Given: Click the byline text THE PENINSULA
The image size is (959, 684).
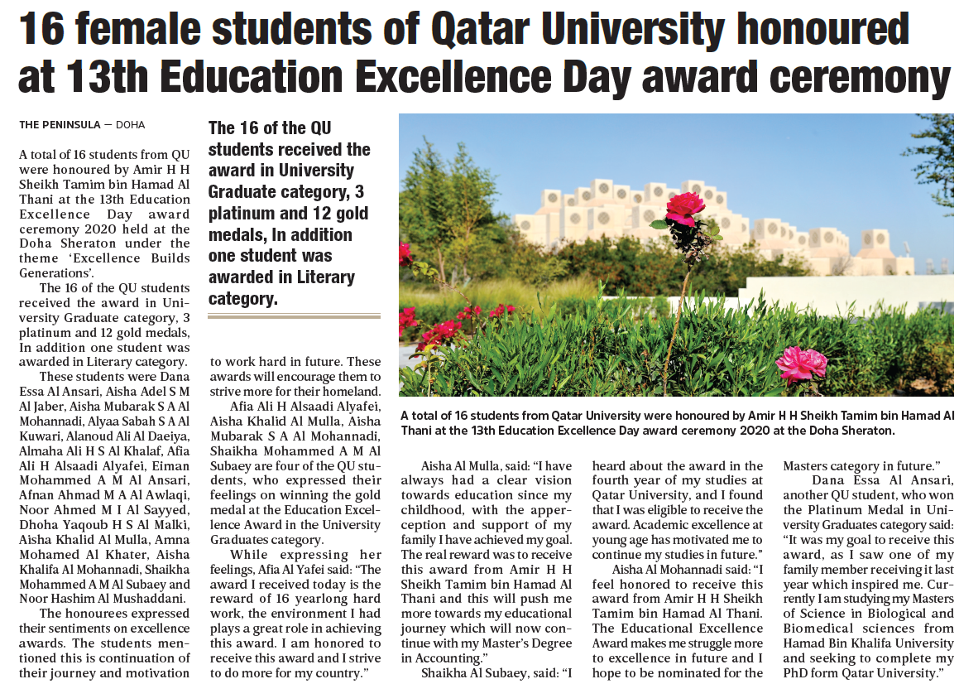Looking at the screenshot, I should pyautogui.click(x=59, y=125).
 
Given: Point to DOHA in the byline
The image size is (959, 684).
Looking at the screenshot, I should pyautogui.click(x=130, y=125).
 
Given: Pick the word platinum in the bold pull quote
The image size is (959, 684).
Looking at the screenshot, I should pyautogui.click(x=241, y=214).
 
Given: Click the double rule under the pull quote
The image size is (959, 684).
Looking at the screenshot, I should pyautogui.click(x=294, y=316).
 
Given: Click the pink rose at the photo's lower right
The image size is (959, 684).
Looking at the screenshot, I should pyautogui.click(x=802, y=362).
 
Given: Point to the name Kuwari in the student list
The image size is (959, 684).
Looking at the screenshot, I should pyautogui.click(x=41, y=436).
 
